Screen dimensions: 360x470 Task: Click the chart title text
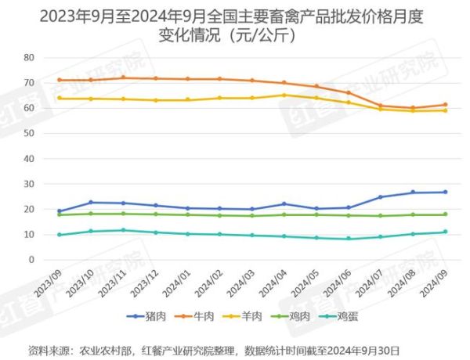click(235, 26)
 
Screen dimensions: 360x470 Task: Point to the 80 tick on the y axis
click(29, 58)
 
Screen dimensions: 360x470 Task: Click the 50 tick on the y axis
click(29, 134)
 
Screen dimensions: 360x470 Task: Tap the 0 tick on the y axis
click(32, 260)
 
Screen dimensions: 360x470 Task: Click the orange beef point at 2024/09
click(446, 105)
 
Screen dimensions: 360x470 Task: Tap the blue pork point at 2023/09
click(59, 211)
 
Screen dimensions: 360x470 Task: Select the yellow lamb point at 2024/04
click(284, 95)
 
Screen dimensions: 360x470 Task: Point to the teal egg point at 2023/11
click(123, 230)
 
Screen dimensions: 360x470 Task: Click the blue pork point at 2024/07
click(381, 197)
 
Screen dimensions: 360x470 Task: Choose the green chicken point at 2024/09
click(446, 214)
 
